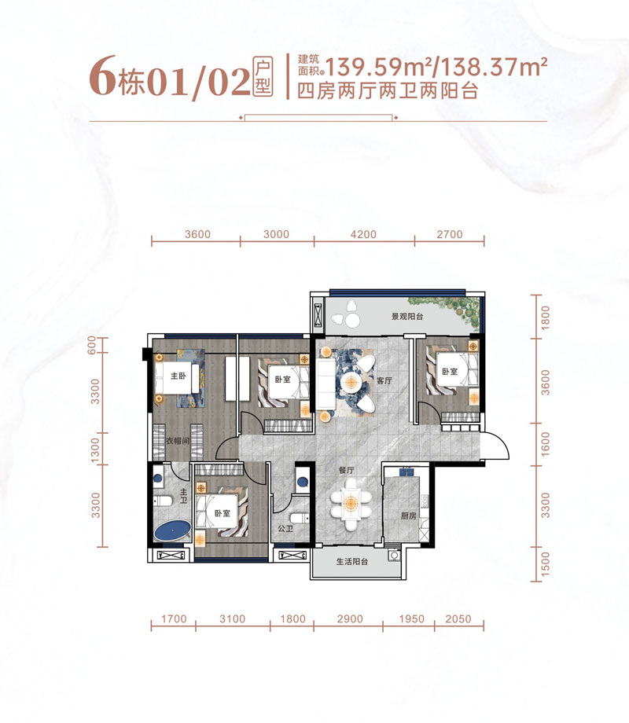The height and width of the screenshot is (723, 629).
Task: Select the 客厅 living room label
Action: [x=384, y=380]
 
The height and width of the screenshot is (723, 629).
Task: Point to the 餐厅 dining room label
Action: [x=348, y=470]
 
